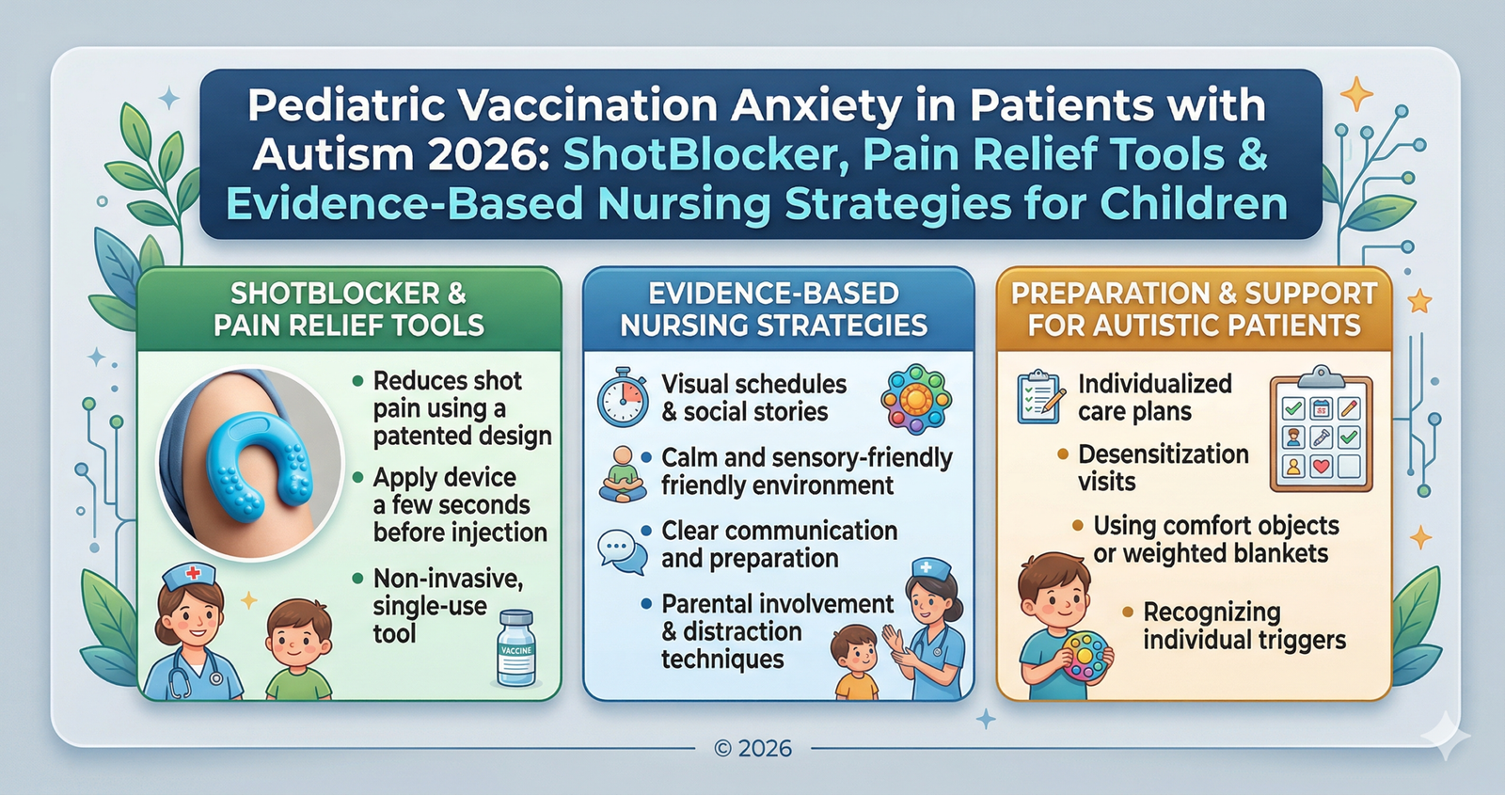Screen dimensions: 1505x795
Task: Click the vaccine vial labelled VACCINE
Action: point(515,648)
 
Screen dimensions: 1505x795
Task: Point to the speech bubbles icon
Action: point(623,551)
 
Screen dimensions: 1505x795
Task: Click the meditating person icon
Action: point(623,474)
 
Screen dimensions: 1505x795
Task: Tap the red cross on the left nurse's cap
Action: point(193,573)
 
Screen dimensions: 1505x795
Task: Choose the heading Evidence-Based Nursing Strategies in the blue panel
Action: point(774,310)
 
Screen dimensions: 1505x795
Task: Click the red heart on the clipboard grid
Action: point(1322,466)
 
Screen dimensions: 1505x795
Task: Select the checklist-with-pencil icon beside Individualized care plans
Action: point(1040,396)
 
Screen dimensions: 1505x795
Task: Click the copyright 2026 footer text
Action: point(752,748)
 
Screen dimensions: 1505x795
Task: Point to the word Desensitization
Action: point(1164,454)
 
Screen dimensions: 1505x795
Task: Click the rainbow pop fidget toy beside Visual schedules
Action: point(916,396)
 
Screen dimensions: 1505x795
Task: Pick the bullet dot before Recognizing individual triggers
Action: point(1128,612)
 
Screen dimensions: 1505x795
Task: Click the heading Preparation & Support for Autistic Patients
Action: point(1194,310)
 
